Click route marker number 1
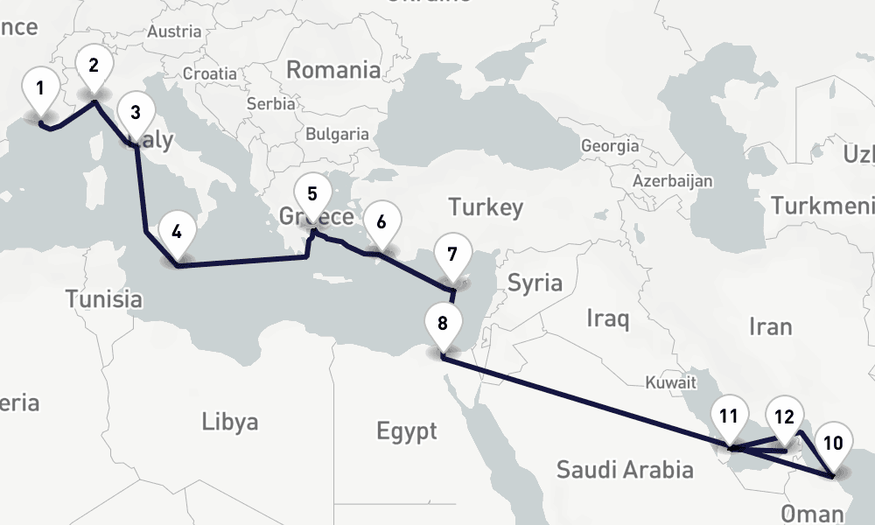click(40, 88)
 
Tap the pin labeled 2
click(93, 65)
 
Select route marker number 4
click(135, 112)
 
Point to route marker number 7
click(381, 221)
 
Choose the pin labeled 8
click(451, 255)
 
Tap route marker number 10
click(443, 323)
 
